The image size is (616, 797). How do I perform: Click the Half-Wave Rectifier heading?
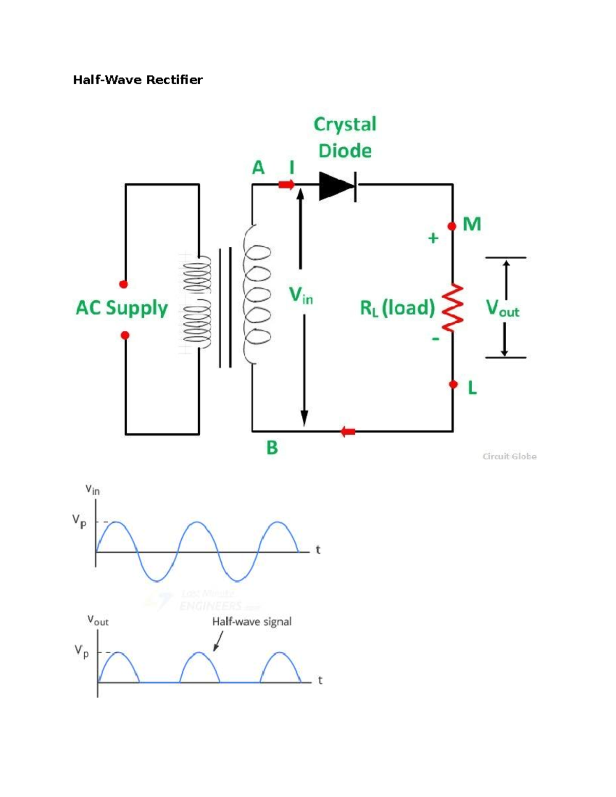pos(138,80)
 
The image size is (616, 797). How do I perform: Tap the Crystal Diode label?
pos(345,137)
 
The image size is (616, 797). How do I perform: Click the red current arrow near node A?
pos(286,184)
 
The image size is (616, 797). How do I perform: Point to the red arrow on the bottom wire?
pos(348,432)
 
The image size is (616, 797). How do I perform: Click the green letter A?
pos(258,168)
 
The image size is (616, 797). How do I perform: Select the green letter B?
pos(272,448)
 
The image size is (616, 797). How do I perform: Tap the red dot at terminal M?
pos(452,226)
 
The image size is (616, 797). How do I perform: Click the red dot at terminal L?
pos(453,384)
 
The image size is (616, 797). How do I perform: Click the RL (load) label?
pos(397,308)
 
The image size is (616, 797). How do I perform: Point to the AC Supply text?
pos(122,308)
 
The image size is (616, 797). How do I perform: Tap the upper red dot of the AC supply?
pos(123,284)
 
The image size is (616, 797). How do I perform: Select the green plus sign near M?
pos(433,238)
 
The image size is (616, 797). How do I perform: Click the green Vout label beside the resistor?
pos(502,308)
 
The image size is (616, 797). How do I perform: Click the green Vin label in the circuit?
pos(300,296)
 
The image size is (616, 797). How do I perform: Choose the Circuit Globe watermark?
pos(509,456)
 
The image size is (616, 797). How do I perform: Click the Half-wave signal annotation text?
pos(252,621)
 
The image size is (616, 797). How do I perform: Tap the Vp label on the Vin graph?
pos(79,521)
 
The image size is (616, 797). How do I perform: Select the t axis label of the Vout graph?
pos(320,680)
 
